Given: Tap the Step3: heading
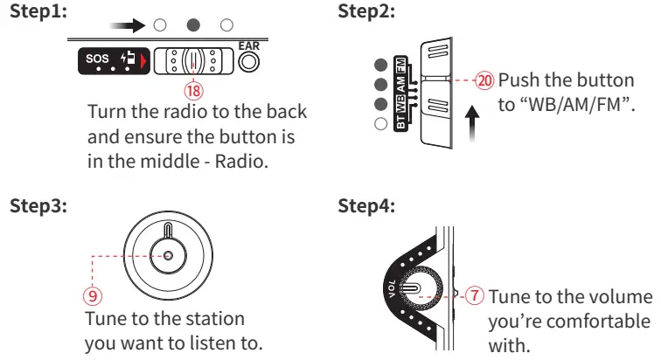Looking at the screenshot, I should [37, 207].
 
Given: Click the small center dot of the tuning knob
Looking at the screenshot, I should [166, 255].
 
